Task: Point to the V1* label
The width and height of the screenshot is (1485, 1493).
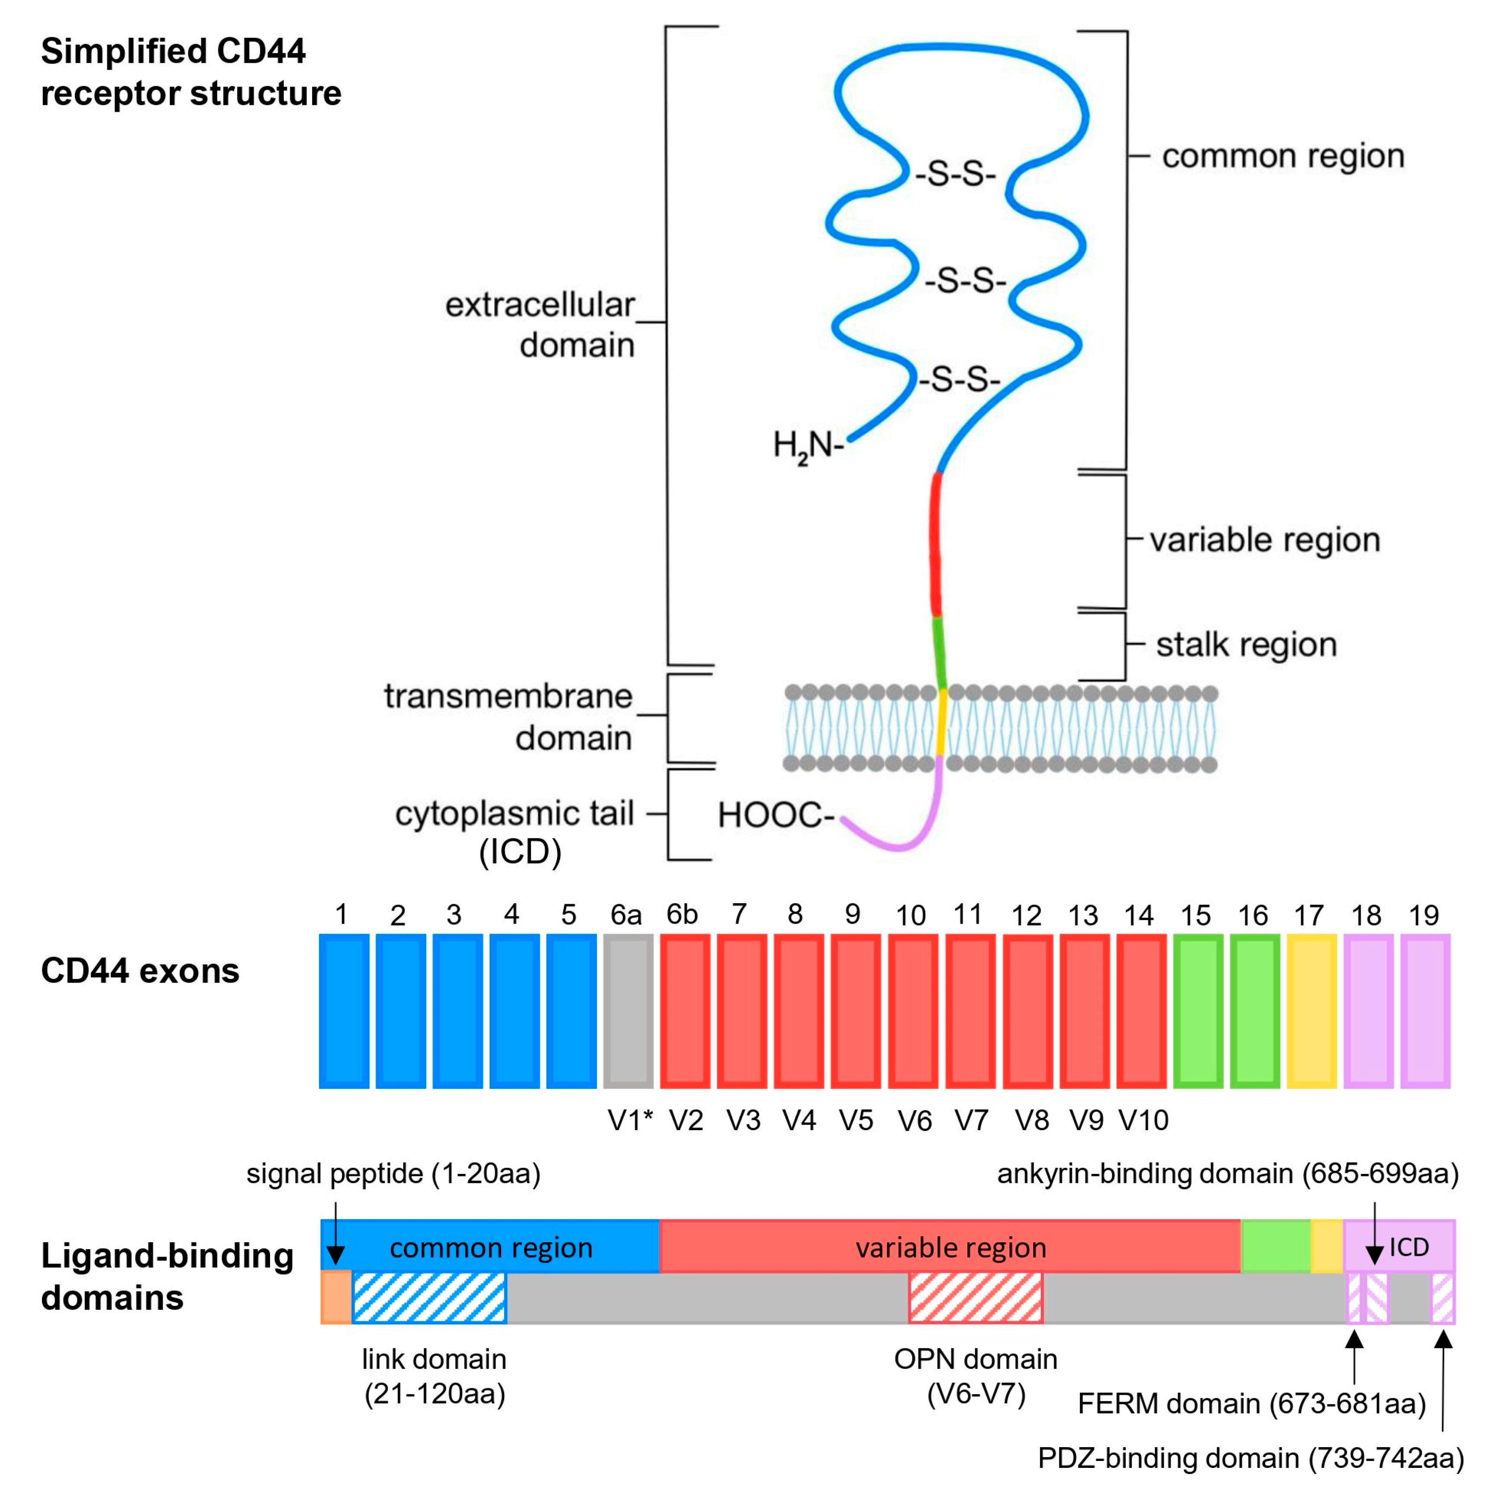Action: pos(630,1121)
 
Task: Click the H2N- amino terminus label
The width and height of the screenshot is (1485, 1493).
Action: pos(807,446)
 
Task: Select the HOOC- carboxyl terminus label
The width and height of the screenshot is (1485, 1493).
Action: pos(775,815)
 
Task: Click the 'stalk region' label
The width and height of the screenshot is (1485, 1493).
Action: pos(1246,644)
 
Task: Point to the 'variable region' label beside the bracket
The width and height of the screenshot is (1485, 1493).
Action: pos(1264,540)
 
